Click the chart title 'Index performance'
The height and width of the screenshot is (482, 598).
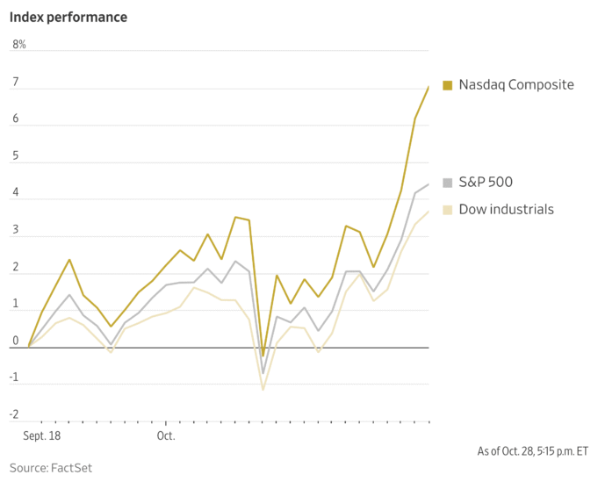(x=69, y=17)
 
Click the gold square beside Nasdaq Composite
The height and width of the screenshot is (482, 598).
(x=447, y=85)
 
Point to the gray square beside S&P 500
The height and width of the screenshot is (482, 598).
(x=447, y=183)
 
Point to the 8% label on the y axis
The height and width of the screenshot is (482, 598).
(x=18, y=44)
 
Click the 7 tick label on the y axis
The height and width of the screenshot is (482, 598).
(x=15, y=81)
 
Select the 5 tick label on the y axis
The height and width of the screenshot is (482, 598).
(x=15, y=155)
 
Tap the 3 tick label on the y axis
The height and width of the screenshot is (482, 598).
(x=15, y=229)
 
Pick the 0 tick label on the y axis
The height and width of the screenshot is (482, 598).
(x=15, y=341)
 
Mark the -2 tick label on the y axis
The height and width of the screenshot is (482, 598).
(x=14, y=414)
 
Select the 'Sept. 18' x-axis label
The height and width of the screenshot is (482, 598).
(x=40, y=435)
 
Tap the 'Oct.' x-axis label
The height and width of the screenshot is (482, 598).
(x=166, y=435)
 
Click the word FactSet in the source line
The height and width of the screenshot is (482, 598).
(x=71, y=468)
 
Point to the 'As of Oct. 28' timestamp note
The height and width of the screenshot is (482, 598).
(x=532, y=451)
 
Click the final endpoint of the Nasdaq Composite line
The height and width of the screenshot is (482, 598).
(x=429, y=86)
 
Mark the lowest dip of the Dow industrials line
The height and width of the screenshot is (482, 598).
(x=263, y=389)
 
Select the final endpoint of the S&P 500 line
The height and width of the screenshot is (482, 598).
(x=429, y=184)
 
